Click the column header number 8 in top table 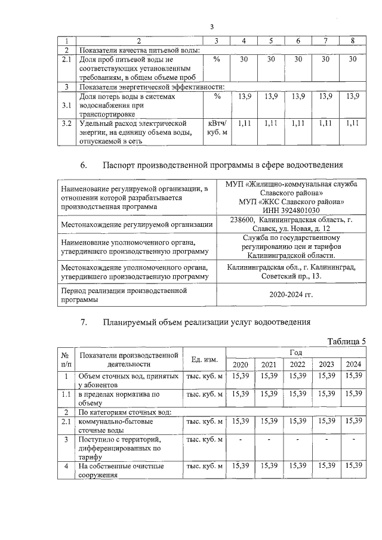click(353, 41)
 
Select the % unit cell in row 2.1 click(217, 60)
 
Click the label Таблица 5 click(346, 341)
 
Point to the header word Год click(296, 353)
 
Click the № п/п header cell click(66, 359)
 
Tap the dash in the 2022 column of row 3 click(297, 440)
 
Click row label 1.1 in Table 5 click(66, 394)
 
